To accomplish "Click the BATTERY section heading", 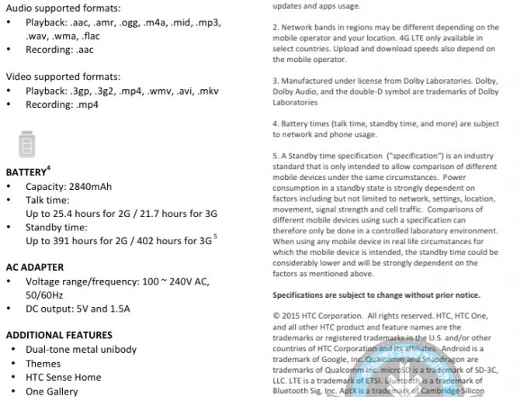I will (26, 172).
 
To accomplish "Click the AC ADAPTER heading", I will (35, 267).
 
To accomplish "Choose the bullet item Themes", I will (43, 363).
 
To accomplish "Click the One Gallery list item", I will (52, 391).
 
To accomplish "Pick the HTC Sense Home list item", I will (63, 377).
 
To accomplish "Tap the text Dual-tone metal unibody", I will (81, 349).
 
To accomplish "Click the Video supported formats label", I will (63, 77).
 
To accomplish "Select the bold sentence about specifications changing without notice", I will (376, 295).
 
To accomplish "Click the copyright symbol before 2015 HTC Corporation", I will (276, 316).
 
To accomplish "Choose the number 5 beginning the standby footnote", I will (275, 155).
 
